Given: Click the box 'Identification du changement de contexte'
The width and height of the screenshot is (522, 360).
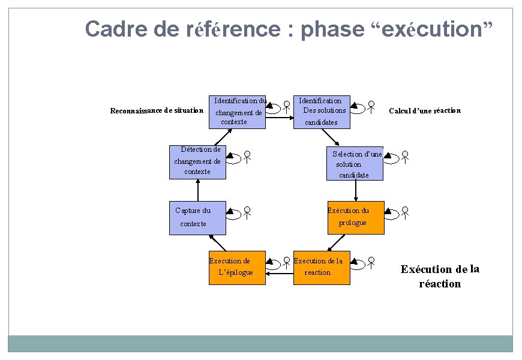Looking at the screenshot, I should tap(237, 112).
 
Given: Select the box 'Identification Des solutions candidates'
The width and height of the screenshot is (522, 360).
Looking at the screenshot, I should tap(321, 112).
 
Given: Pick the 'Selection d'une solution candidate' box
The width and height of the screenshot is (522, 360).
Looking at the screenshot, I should tap(355, 164).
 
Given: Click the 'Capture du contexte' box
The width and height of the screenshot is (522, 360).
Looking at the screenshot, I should tap(198, 217).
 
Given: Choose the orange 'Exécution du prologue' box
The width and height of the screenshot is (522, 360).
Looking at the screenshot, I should tap(356, 217).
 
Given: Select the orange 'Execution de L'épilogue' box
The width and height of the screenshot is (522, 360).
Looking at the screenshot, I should tap(237, 268).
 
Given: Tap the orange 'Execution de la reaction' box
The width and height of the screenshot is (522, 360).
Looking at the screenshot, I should tap(321, 268).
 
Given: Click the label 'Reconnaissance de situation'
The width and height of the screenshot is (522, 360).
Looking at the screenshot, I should tap(157, 110).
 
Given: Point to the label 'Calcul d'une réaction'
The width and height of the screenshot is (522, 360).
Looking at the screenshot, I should tap(425, 110).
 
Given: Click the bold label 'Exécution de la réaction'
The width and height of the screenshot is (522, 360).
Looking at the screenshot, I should tap(440, 276).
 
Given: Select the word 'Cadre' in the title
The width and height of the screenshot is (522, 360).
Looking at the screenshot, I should tap(112, 29).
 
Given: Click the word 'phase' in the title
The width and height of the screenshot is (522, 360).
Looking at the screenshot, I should tap(332, 29).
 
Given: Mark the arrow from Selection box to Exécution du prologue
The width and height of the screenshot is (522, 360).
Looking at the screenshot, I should tap(356, 190).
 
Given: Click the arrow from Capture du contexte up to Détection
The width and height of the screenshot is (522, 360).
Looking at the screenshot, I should tap(197, 190).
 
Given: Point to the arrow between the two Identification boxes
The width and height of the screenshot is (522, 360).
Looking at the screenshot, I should tap(279, 118).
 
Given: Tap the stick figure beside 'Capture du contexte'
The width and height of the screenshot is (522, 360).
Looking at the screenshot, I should tap(247, 211).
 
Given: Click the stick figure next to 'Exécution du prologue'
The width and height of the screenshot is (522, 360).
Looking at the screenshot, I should tap(406, 211).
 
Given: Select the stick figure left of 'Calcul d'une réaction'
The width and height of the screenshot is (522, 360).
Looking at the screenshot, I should tap(372, 107).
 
